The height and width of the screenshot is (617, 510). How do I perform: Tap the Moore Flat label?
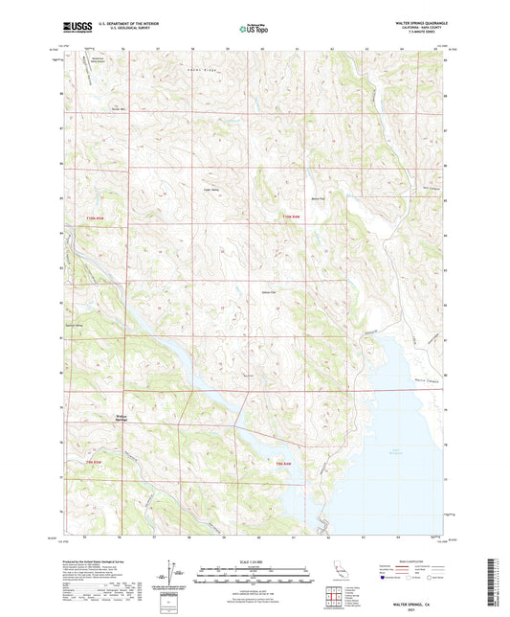tap(321, 198)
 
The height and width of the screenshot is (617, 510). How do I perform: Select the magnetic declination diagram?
tap(170, 573)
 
